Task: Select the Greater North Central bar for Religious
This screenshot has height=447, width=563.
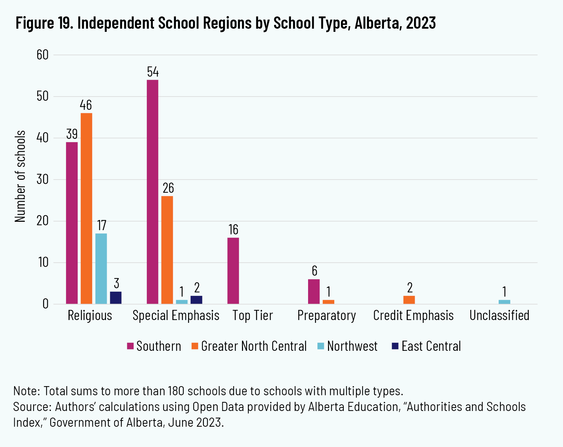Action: pos(86,208)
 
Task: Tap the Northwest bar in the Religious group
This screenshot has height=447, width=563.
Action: pos(101,268)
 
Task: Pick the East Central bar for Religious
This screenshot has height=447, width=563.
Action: pos(116,298)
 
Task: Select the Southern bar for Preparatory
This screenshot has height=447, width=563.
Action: pos(314,291)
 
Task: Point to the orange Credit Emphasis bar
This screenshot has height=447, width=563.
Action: pos(409,300)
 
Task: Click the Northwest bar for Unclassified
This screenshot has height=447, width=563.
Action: pos(504,302)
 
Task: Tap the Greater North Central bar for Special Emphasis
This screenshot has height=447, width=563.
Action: pos(167,250)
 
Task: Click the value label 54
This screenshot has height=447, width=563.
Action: pos(153,72)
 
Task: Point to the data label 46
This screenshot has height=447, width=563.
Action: pos(86,105)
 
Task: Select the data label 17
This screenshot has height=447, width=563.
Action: pos(101,225)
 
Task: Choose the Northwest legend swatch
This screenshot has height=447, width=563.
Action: pos(321,346)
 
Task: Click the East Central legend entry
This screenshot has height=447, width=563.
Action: pos(426,346)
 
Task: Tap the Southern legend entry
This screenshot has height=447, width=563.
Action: pos(154,346)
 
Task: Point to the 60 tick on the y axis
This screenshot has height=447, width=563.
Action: pos(42,55)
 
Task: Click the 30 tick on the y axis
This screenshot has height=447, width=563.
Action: pos(42,179)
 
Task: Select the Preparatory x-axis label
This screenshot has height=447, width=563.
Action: pos(327,315)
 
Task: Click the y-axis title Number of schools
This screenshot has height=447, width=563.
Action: pos(20,176)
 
